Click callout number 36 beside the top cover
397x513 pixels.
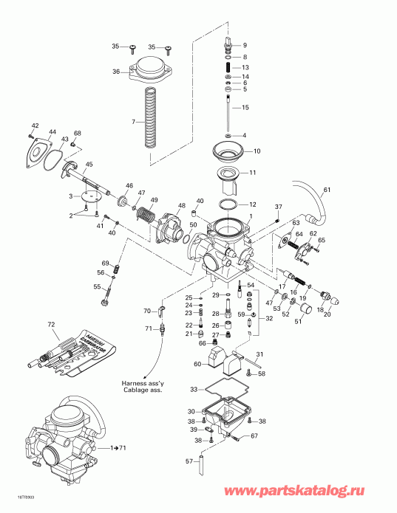[x=115, y=72]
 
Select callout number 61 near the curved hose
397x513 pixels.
[x=328, y=191]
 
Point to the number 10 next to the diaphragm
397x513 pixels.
[x=257, y=151]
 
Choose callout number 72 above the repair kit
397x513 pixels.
[x=51, y=325]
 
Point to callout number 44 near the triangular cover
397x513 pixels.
[x=52, y=132]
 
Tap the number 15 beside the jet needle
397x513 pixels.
[x=245, y=108]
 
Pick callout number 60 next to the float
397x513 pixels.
[x=197, y=364]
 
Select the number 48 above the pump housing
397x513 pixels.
[x=181, y=205]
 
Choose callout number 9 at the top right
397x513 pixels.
[x=245, y=46]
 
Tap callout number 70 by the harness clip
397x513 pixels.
[x=146, y=311]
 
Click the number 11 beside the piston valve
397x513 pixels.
[x=252, y=173]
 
